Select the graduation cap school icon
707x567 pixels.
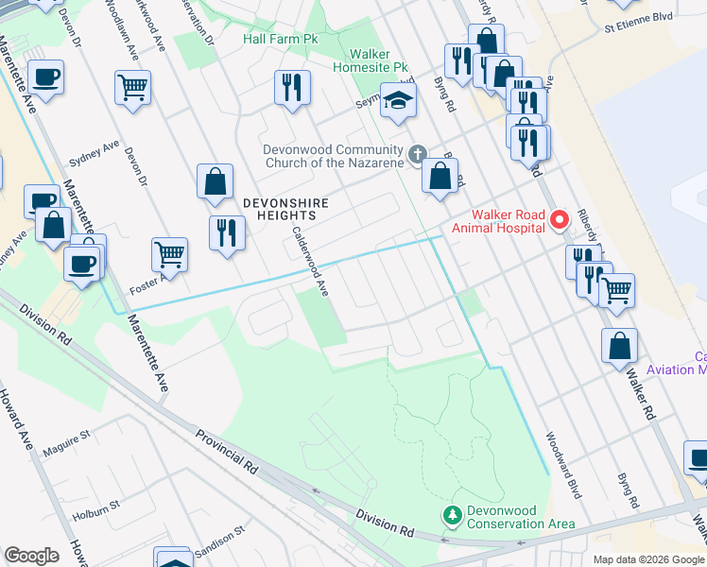point(399,99)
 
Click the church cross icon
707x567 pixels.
point(418,153)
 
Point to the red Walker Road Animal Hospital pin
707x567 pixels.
point(559,219)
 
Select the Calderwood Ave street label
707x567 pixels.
point(309,262)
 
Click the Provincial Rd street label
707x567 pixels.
point(227,453)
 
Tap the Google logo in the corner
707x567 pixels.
point(31,556)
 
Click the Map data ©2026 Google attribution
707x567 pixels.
point(647,559)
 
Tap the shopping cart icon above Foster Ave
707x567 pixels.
point(169,252)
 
